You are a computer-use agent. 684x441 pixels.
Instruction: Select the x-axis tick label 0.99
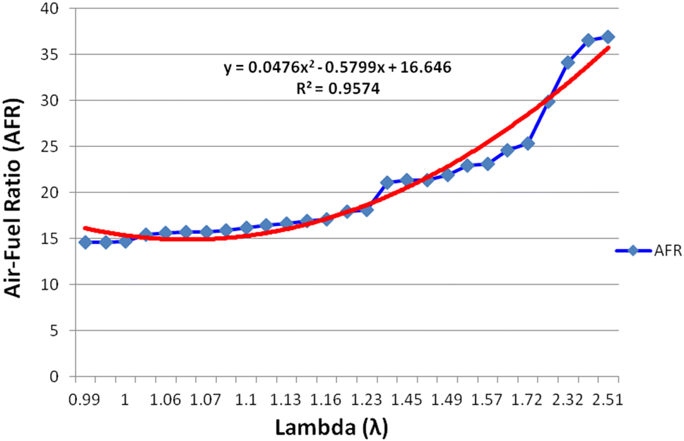pos(85,401)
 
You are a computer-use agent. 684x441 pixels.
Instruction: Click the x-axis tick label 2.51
pos(606,401)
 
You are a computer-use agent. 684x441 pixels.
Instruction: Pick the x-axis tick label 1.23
pos(366,401)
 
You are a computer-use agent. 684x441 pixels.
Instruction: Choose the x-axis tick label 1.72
pos(526,401)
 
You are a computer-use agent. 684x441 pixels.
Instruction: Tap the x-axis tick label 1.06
pos(165,401)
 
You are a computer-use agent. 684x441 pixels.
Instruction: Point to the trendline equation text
pos(336,69)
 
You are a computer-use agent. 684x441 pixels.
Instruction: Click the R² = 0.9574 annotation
pos(336,90)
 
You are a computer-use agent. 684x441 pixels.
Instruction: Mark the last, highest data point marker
pos(608,37)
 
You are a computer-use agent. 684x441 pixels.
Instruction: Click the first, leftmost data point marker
pos(85,242)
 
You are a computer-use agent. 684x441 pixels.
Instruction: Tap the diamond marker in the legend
pos(633,250)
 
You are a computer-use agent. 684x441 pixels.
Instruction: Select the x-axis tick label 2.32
pos(567,401)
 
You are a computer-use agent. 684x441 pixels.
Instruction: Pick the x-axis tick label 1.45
pos(406,401)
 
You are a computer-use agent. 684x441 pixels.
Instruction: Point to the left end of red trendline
pos(85,228)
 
